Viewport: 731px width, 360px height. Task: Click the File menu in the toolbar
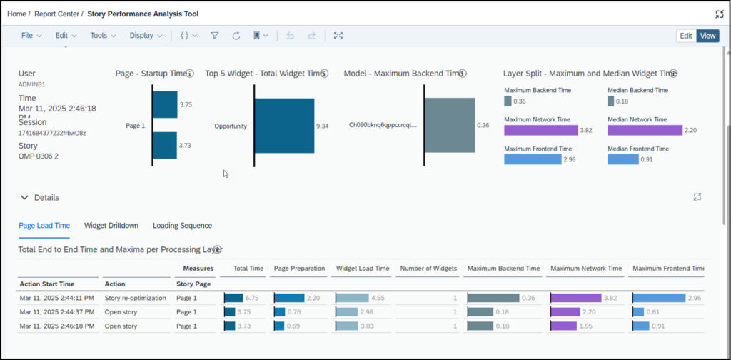tap(31, 36)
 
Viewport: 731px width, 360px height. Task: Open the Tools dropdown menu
tap(102, 36)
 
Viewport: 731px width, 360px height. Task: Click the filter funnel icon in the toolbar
tap(215, 36)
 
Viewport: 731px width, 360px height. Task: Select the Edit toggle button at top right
tap(685, 36)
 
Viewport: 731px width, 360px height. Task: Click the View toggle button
tap(707, 36)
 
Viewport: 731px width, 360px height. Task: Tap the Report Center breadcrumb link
tap(59, 14)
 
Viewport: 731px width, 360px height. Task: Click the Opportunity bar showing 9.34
tap(284, 126)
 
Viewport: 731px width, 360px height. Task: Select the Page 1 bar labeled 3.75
tap(165, 104)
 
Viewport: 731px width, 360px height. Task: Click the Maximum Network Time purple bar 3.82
tap(540, 131)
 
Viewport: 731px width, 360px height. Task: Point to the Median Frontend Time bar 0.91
tap(622, 159)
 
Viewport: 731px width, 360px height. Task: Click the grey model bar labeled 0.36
tap(450, 125)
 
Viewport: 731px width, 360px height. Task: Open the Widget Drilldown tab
tap(111, 226)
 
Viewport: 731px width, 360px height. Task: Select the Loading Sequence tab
tap(182, 226)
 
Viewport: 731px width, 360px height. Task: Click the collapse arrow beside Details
tap(24, 198)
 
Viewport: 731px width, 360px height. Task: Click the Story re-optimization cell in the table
tap(135, 298)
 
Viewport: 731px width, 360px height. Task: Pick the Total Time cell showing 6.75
tap(243, 298)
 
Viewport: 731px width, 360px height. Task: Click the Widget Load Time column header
tap(363, 269)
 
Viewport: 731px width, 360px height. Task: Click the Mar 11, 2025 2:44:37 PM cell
tap(56, 312)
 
